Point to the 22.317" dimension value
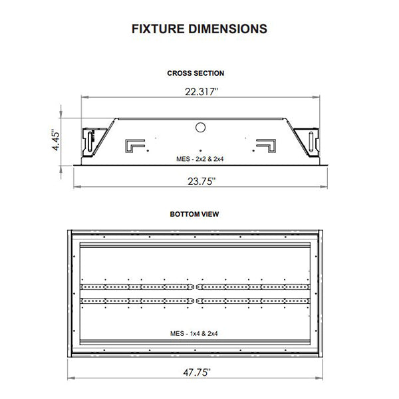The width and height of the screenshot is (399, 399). (199, 92)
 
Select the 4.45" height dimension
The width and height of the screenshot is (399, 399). (57, 141)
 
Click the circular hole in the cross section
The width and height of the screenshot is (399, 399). (199, 126)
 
